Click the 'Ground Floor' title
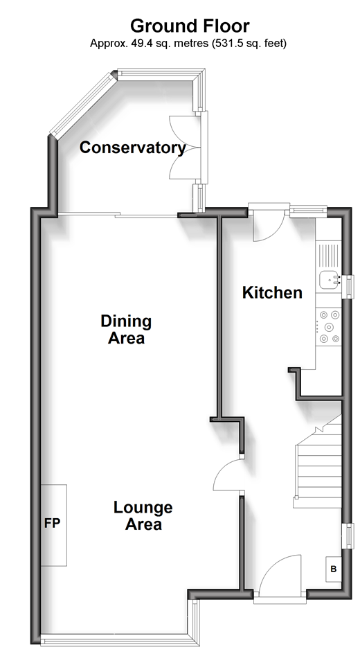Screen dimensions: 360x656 [190, 26]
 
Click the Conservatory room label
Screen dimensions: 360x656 [132, 148]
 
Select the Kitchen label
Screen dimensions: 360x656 [272, 292]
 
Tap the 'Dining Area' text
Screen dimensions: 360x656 [126, 329]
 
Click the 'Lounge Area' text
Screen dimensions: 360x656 [143, 516]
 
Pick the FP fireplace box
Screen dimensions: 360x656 [53, 525]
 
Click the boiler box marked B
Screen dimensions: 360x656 [334, 569]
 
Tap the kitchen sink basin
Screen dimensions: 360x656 [330, 280]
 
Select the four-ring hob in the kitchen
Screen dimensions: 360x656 [329, 326]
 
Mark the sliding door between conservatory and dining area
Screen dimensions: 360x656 [118, 215]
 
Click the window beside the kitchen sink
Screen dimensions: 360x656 [348, 287]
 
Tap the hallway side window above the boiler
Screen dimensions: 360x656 [348, 536]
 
